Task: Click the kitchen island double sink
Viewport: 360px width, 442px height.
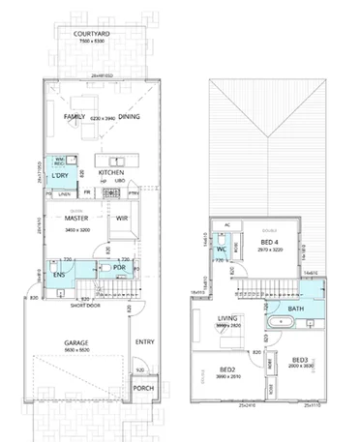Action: tap(115, 161)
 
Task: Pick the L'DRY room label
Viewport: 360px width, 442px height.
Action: tap(60, 175)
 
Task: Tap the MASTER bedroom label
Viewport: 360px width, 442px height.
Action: tap(77, 219)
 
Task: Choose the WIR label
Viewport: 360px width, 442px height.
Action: tap(122, 219)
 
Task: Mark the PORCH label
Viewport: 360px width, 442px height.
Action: tap(143, 388)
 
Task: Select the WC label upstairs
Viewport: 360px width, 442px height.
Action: tap(222, 250)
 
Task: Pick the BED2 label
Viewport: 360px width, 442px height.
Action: tap(228, 369)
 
